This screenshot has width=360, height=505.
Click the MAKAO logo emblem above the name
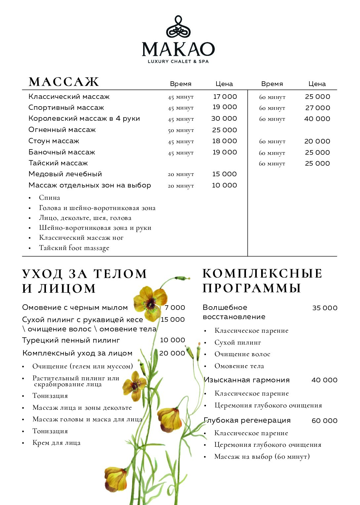(178, 27)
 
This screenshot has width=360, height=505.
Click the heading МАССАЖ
(64, 82)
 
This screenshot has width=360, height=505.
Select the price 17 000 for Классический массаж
(225, 97)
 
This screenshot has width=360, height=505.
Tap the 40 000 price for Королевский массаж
(317, 119)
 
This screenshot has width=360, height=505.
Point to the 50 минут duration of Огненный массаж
(180, 130)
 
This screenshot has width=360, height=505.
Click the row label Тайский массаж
(58, 163)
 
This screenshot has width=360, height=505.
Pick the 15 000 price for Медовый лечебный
(224, 174)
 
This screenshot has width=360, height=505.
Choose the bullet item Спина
(50, 198)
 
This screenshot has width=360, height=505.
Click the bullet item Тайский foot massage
(74, 248)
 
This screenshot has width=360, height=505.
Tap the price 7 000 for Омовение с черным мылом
(175, 308)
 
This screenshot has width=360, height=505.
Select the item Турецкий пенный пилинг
(71, 340)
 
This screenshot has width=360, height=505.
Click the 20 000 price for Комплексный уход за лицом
(172, 353)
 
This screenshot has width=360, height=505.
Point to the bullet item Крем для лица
(57, 443)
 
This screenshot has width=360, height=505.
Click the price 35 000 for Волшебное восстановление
(325, 308)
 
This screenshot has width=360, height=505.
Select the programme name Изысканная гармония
(247, 380)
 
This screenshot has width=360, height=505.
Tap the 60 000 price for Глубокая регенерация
(324, 421)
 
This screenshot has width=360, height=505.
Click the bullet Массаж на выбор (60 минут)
(262, 457)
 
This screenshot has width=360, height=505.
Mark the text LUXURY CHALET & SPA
(178, 62)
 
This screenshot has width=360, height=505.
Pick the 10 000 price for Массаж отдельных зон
(224, 185)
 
